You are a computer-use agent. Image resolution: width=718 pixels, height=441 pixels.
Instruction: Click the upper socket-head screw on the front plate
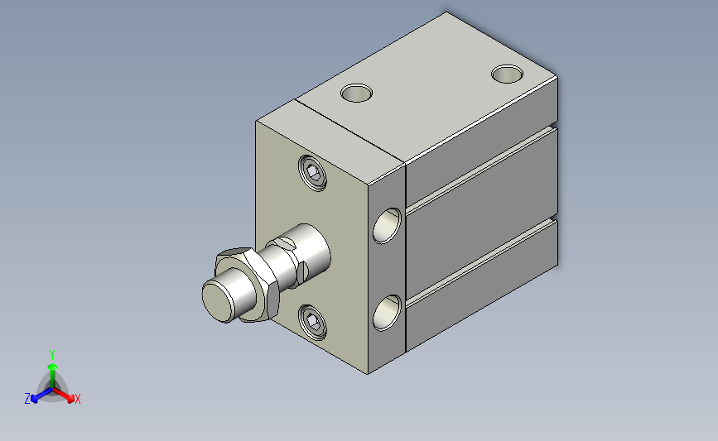(x=312, y=173)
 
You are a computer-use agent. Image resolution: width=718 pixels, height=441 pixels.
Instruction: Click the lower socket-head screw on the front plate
(x=312, y=322)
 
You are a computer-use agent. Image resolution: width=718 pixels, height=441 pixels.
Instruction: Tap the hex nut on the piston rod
(x=248, y=285)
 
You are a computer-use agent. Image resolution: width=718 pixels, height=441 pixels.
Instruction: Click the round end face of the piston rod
(x=219, y=300)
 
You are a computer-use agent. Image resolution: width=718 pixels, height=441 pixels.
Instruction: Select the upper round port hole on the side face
(x=387, y=225)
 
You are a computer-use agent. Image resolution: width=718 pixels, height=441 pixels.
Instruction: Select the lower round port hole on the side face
(x=387, y=313)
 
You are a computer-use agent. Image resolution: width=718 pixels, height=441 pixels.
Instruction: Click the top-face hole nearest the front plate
(x=356, y=93)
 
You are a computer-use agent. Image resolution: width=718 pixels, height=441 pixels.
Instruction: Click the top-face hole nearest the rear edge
(x=508, y=74)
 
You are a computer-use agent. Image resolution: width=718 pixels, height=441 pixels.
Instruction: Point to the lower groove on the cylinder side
(x=482, y=262)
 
